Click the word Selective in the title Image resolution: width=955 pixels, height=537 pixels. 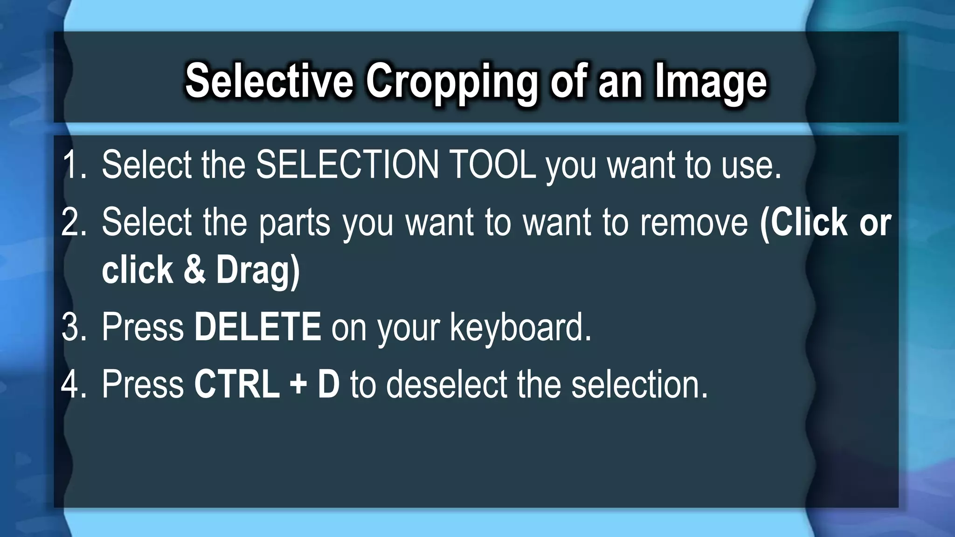pos(269,81)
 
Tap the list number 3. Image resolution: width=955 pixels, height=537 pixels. pos(74,327)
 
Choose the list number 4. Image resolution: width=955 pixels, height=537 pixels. pos(74,384)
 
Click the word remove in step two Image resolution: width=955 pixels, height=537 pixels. pos(694,222)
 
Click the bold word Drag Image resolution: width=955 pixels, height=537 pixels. pos(258,271)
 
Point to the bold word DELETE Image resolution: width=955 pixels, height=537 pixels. pos(257,327)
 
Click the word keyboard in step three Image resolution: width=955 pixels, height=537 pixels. pos(520,328)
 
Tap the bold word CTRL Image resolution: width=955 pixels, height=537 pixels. pos(236,384)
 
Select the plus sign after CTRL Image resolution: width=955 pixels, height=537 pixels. pos(298,385)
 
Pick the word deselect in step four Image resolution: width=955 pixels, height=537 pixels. pos(445,384)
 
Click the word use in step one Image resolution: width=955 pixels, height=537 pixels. pos(751,165)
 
